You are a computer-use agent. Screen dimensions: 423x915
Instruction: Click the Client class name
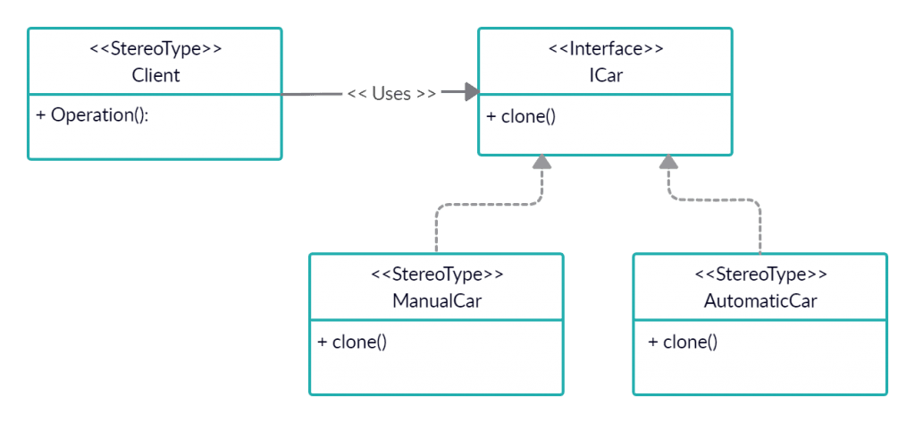(155, 75)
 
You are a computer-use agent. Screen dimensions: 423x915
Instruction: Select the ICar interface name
(605, 75)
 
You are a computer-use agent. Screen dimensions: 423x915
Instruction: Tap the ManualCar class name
(436, 300)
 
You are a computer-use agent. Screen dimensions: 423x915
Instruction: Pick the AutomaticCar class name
(760, 300)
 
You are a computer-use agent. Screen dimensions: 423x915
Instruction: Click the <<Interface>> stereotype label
(605, 49)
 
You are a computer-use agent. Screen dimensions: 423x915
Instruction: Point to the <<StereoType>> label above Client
(155, 49)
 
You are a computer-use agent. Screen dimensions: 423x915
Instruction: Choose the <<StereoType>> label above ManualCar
(436, 274)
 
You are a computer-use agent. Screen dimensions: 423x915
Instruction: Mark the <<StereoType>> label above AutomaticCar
(760, 274)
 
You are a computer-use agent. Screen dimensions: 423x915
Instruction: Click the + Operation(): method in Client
(92, 115)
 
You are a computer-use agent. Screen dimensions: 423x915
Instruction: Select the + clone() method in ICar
(521, 116)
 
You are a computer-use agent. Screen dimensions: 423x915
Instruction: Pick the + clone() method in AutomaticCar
(683, 342)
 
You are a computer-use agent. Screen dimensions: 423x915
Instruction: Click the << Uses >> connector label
(391, 93)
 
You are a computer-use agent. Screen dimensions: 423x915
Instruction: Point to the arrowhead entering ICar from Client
(471, 91)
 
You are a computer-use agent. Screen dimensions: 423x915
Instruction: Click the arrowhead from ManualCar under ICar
(541, 163)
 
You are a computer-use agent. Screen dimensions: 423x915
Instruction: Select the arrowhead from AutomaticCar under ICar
(667, 163)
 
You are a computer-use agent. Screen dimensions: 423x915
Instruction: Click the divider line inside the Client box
(155, 93)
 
